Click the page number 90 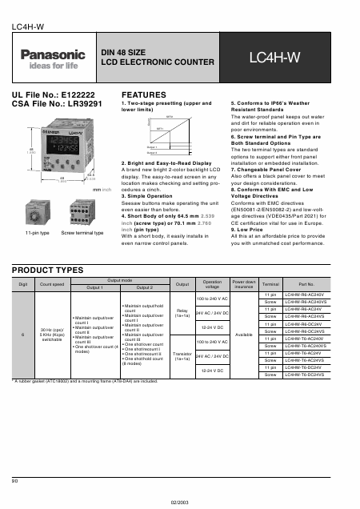(15, 479)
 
